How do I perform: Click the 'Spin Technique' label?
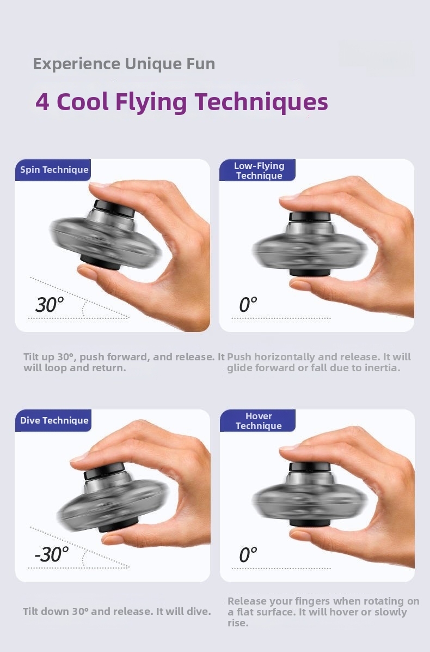coord(54,170)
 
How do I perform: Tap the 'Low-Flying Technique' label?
coord(259,171)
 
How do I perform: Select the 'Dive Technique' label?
coord(54,420)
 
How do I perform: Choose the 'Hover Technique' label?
coord(259,421)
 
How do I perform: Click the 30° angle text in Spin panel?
coord(50,304)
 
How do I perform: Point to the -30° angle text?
coord(52,554)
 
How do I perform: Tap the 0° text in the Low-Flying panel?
coord(248,304)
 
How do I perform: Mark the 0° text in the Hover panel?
coord(248,555)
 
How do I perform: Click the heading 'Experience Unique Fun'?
coord(124,64)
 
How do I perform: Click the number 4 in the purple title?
coord(42,102)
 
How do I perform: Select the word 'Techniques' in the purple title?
coord(261,102)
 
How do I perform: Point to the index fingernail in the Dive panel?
coord(79,458)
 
